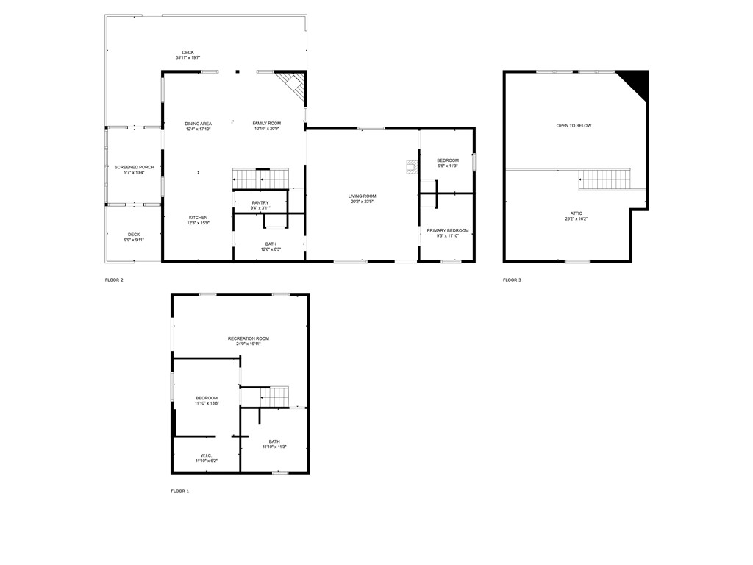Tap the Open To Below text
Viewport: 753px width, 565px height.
(x=574, y=126)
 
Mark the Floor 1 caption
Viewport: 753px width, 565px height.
(x=180, y=491)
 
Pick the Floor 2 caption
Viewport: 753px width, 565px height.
(x=114, y=280)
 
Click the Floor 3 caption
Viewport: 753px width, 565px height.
(x=512, y=280)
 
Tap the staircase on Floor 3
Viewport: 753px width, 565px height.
(x=604, y=179)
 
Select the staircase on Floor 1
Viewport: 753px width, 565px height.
(x=274, y=397)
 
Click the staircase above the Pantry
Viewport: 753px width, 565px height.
(x=260, y=179)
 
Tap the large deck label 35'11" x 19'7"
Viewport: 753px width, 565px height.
(x=188, y=54)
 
